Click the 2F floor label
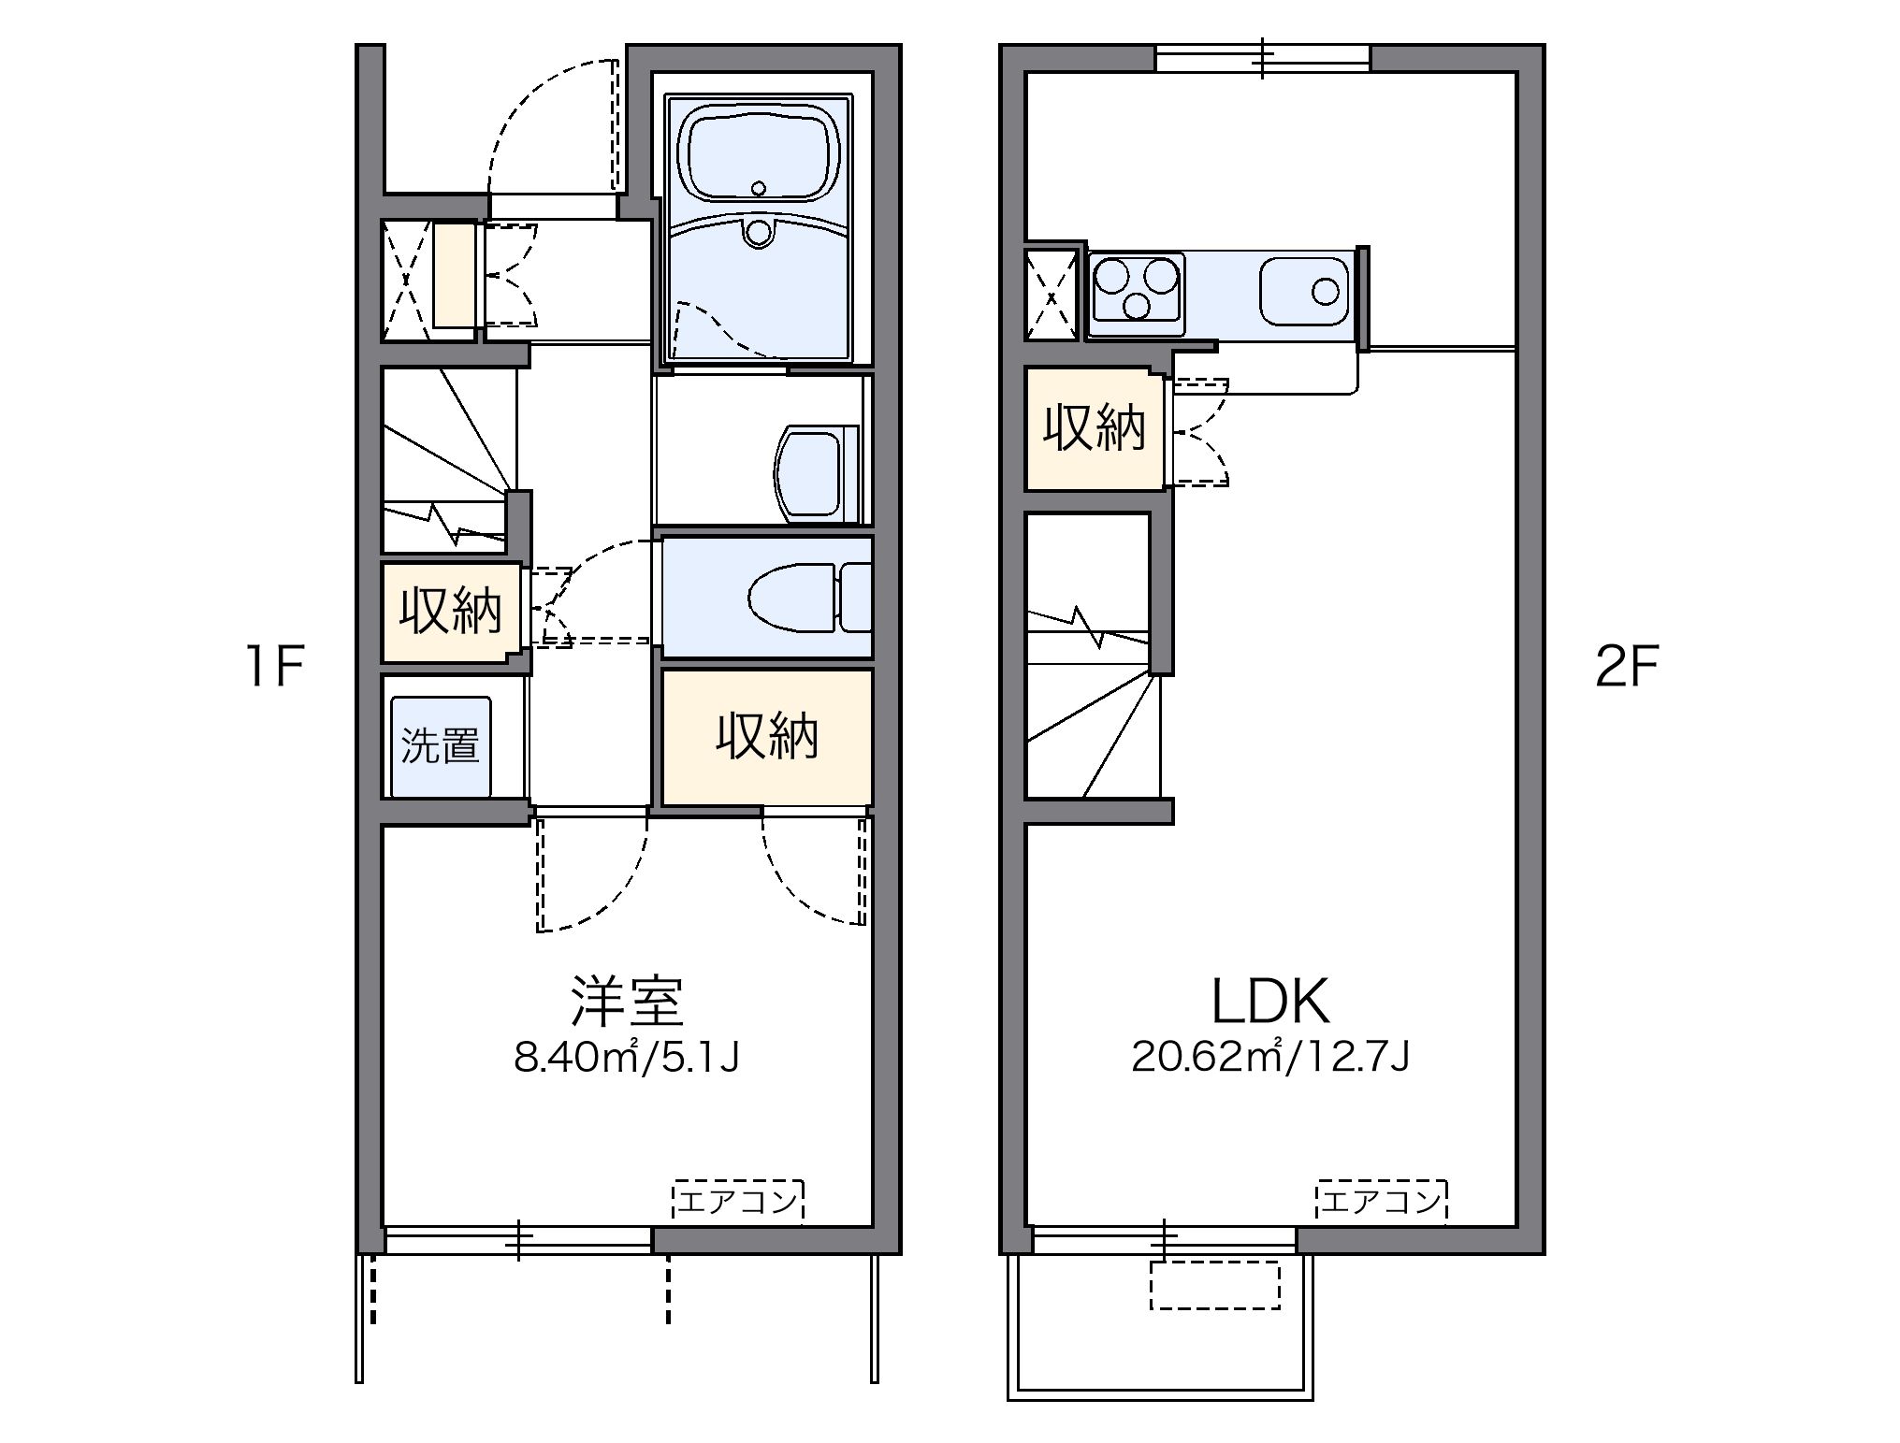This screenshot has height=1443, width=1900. [1626, 667]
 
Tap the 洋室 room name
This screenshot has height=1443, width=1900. [628, 1001]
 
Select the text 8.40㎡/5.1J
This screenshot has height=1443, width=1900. [626, 1057]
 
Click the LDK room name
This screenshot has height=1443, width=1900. [1269, 1001]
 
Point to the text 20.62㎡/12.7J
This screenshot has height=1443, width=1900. [1269, 1057]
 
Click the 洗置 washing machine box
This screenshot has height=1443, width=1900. [441, 745]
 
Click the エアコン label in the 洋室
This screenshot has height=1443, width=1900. [737, 1201]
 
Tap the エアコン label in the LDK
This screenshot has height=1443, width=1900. [1381, 1201]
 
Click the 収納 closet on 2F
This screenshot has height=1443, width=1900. [1094, 428]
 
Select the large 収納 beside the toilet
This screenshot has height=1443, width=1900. [767, 736]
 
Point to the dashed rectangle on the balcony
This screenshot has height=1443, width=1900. [1213, 1285]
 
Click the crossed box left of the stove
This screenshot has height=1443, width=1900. [1052, 296]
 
